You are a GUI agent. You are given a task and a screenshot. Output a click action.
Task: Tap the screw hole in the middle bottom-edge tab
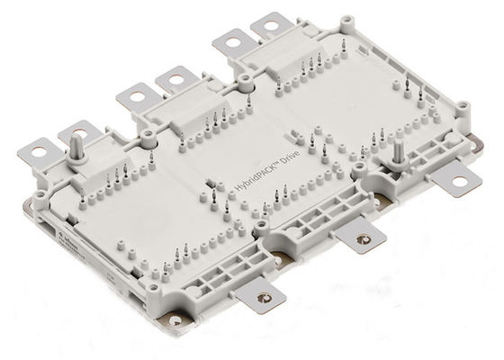click(362, 238)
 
